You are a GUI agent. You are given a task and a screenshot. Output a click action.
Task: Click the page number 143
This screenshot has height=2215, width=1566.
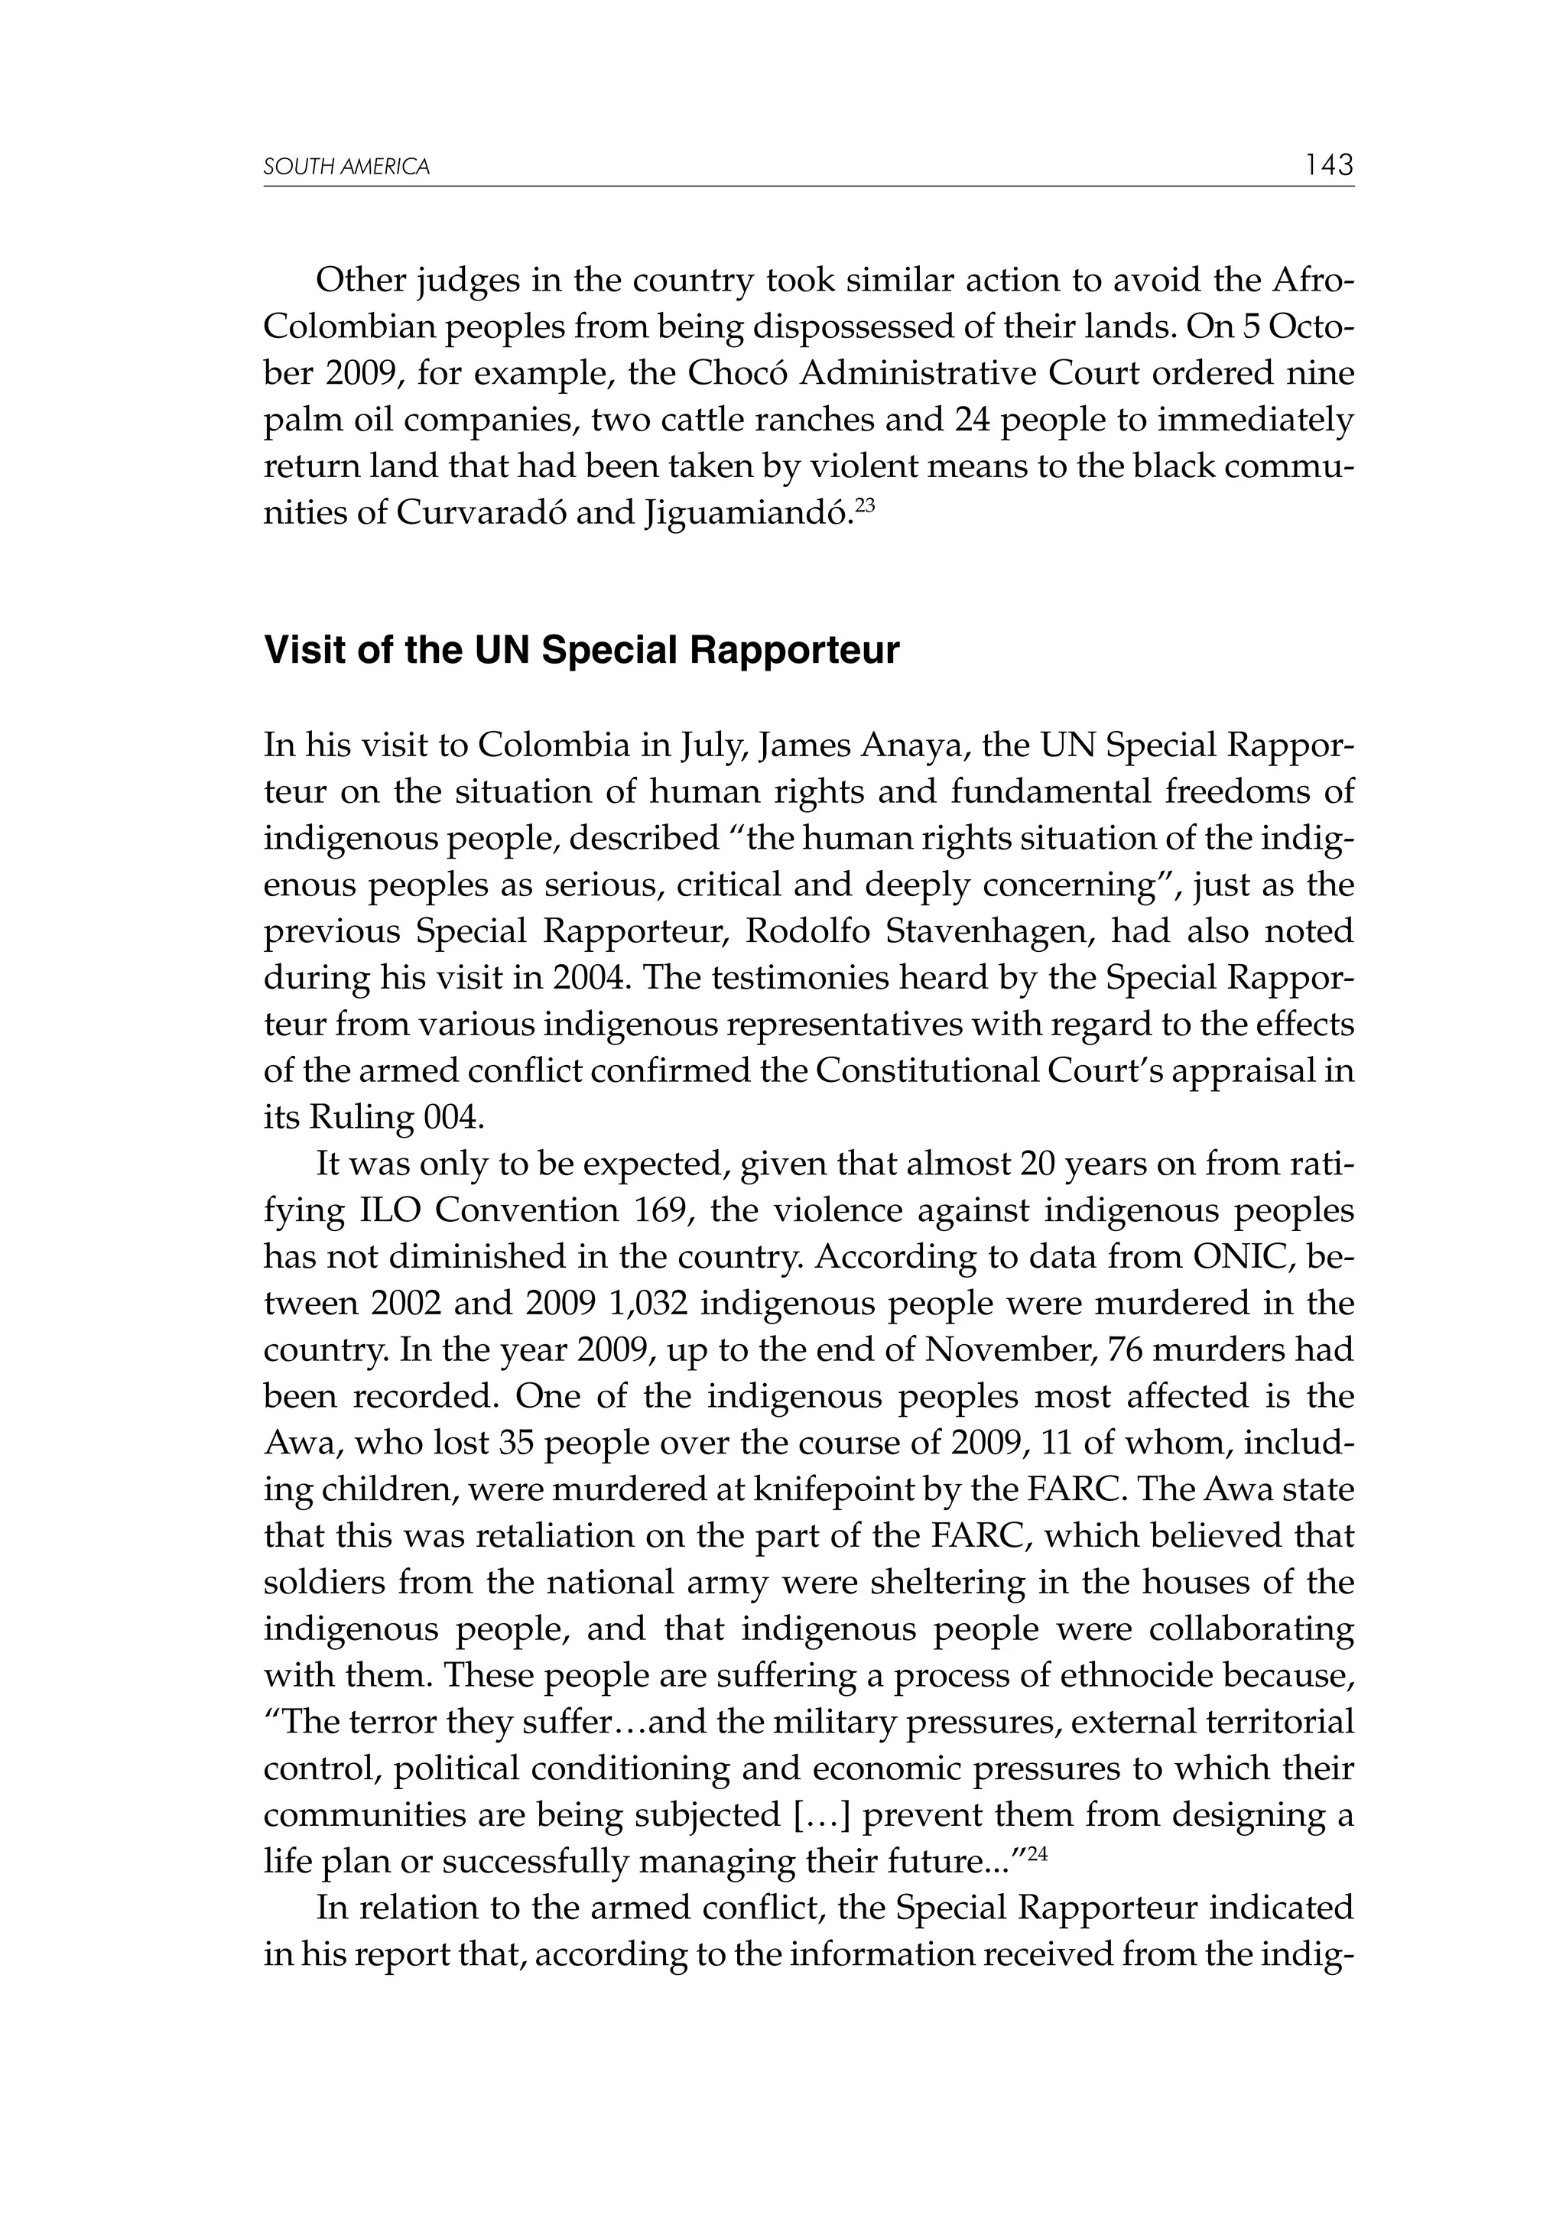point(1330,165)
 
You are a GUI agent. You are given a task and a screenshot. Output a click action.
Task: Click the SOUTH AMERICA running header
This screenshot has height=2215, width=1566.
point(346,168)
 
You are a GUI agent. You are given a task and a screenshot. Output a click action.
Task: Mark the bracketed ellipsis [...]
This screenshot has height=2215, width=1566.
point(820,1814)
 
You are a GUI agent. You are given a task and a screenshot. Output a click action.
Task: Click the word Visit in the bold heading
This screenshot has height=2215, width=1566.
point(298,651)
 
